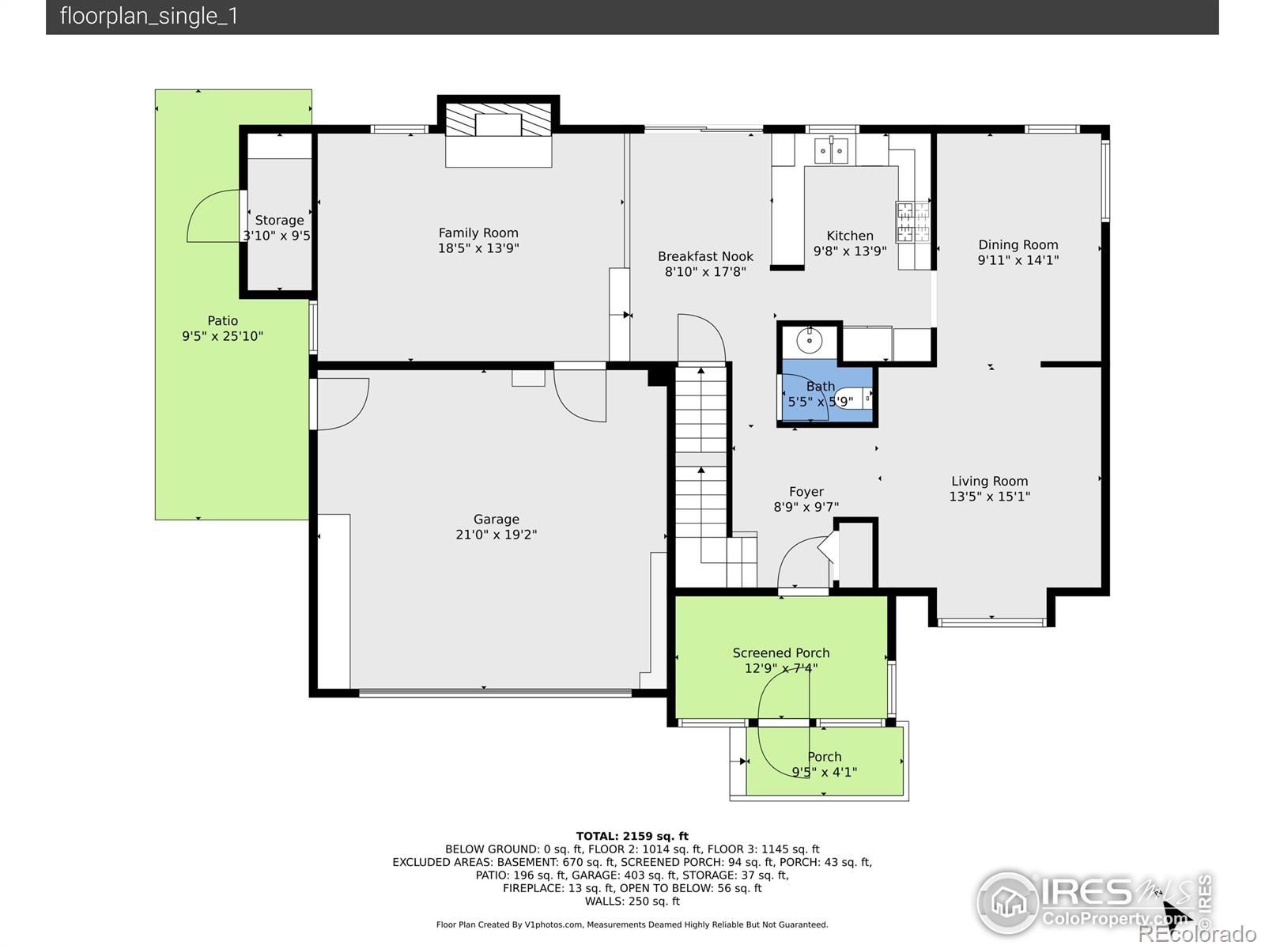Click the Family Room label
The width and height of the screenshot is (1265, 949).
(478, 233)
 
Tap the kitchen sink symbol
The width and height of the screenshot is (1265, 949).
(831, 151)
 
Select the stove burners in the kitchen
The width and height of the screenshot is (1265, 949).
(913, 221)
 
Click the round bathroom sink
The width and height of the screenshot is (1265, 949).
(810, 340)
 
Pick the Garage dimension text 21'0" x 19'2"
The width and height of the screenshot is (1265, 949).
(497, 535)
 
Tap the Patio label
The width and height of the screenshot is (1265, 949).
(222, 321)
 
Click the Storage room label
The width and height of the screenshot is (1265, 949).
(280, 220)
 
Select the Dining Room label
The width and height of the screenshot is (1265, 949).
(1018, 245)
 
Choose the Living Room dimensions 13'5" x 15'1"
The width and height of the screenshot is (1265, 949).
(990, 497)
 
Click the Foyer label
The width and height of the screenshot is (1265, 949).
(806, 492)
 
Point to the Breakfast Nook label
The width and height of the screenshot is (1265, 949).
(705, 256)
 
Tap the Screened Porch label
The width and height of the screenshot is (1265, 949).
(781, 653)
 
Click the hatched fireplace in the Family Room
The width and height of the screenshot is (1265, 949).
(499, 120)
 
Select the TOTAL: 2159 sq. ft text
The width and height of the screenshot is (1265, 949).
(632, 836)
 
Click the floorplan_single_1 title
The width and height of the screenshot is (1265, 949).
(149, 16)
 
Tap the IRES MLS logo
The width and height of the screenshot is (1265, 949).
(1093, 902)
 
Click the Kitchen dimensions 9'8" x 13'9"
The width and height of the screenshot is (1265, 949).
(849, 251)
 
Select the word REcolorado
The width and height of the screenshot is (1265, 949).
(1197, 933)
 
